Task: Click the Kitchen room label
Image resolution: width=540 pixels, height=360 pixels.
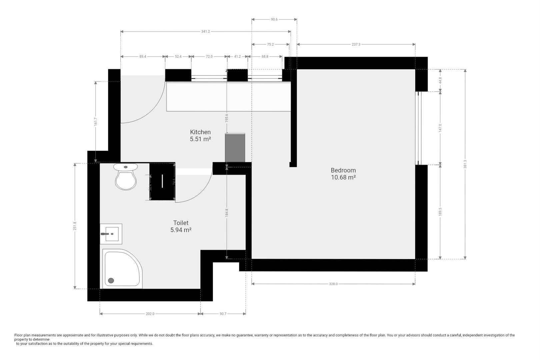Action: (200, 132)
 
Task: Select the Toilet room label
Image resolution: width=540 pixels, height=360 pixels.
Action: (181, 223)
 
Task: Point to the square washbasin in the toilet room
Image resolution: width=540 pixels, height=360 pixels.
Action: (111, 234)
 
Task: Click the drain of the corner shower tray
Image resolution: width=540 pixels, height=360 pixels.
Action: (111, 280)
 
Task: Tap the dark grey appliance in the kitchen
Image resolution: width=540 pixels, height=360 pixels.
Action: (235, 148)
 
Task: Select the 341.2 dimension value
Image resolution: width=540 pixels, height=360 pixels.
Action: (206, 32)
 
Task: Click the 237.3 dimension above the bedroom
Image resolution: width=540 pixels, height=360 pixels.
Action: (356, 44)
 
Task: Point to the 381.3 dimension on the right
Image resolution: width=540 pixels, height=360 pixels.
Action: (465, 164)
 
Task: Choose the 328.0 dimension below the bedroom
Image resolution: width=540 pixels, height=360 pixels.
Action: (333, 284)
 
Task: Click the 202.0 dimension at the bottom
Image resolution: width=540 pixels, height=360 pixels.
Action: (150, 314)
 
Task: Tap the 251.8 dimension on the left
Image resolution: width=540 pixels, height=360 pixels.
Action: (75, 226)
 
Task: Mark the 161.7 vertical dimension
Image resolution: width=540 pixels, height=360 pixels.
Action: (96, 122)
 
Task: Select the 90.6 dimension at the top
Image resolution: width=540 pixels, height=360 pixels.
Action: (274, 20)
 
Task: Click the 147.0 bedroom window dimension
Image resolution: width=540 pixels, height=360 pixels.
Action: (440, 128)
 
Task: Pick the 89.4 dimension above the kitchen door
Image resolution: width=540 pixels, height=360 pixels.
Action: (143, 57)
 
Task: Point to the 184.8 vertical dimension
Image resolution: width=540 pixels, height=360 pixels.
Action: (227, 213)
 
